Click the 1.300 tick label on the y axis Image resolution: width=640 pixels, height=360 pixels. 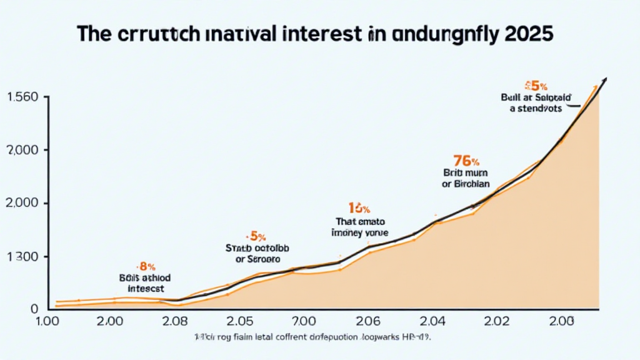(x=22, y=257)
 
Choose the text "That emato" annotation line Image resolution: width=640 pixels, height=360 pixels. (x=358, y=221)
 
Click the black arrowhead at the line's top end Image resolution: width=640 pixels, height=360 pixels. (x=604, y=81)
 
